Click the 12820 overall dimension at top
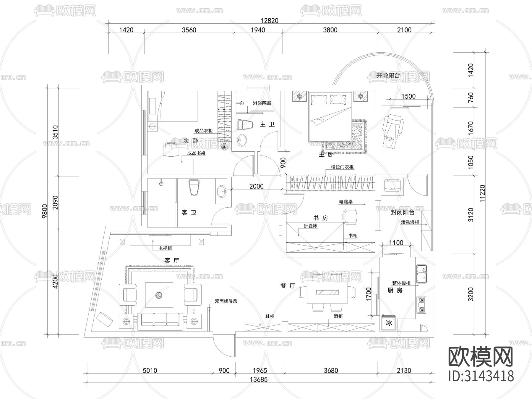pyautogui.click(x=269, y=20)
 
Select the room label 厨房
pyautogui.click(x=395, y=290)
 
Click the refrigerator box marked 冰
pyautogui.click(x=389, y=323)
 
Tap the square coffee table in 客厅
pyautogui.click(x=159, y=295)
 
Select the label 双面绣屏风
pyautogui.click(x=226, y=301)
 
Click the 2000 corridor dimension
pyautogui.click(x=256, y=186)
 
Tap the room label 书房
pyautogui.click(x=321, y=218)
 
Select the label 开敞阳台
pyautogui.click(x=388, y=75)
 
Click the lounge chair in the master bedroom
pyautogui.click(x=393, y=130)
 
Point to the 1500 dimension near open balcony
pyautogui.click(x=408, y=96)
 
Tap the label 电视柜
pyautogui.click(x=165, y=248)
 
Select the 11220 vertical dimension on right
pyautogui.click(x=482, y=194)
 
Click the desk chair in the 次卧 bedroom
pyautogui.click(x=171, y=149)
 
